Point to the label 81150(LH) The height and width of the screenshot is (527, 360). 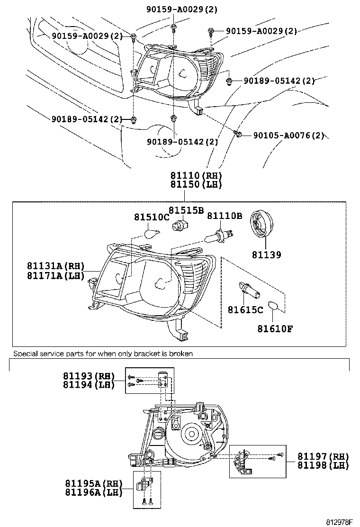click(x=196, y=185)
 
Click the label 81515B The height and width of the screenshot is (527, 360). click(x=187, y=210)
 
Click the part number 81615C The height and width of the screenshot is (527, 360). click(x=245, y=310)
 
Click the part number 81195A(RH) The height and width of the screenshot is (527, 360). click(x=93, y=484)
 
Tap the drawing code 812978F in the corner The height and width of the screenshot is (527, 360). click(x=340, y=522)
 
